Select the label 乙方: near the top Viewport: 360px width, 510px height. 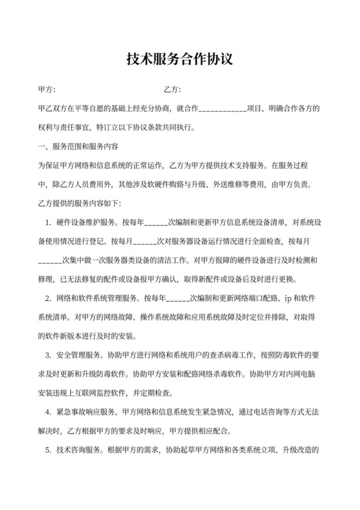tap(172, 89)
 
